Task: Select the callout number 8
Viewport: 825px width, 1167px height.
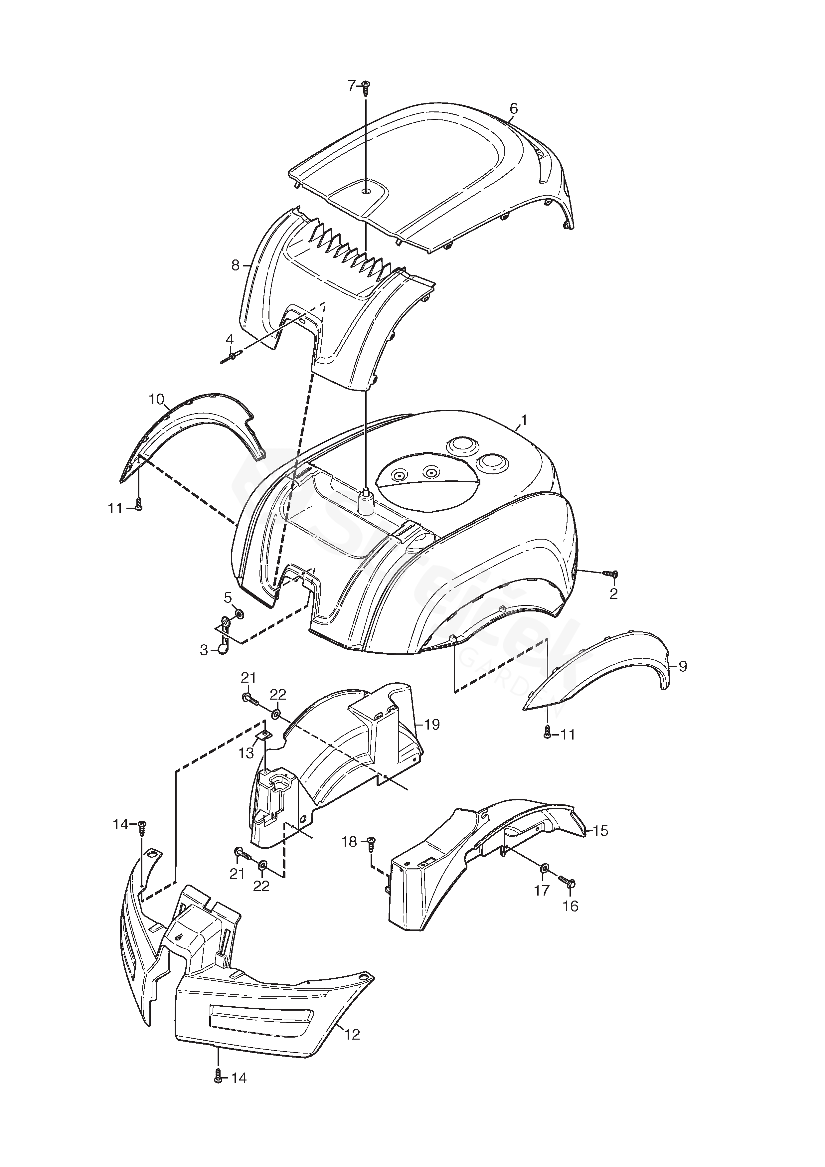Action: pyautogui.click(x=235, y=265)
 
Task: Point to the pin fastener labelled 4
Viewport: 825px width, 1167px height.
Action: pyautogui.click(x=230, y=358)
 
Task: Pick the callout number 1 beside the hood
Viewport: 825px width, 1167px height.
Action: pyautogui.click(x=524, y=420)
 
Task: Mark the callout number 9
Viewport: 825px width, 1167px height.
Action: pyautogui.click(x=683, y=666)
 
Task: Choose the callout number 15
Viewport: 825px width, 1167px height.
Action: pyautogui.click(x=600, y=831)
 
